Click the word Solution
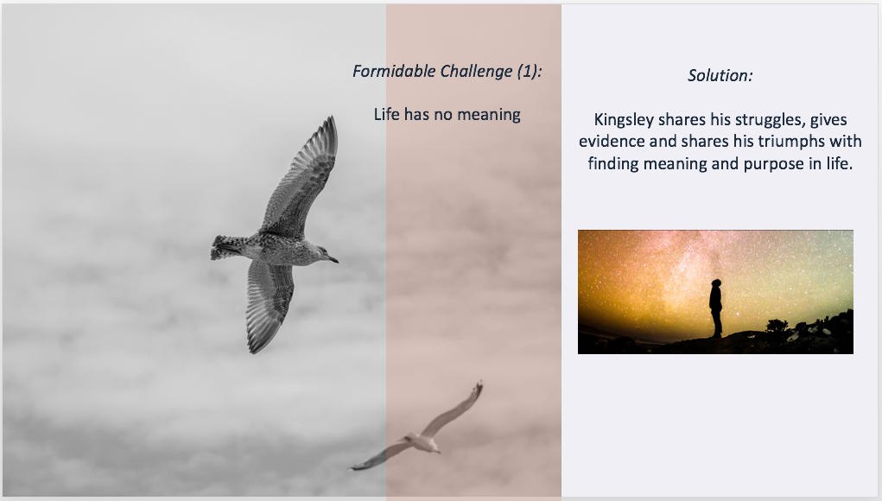720,75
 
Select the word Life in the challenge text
386,114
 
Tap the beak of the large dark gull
333,259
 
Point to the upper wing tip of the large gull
332,119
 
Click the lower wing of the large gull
269,304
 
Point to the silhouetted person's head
716,283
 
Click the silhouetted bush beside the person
777,325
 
